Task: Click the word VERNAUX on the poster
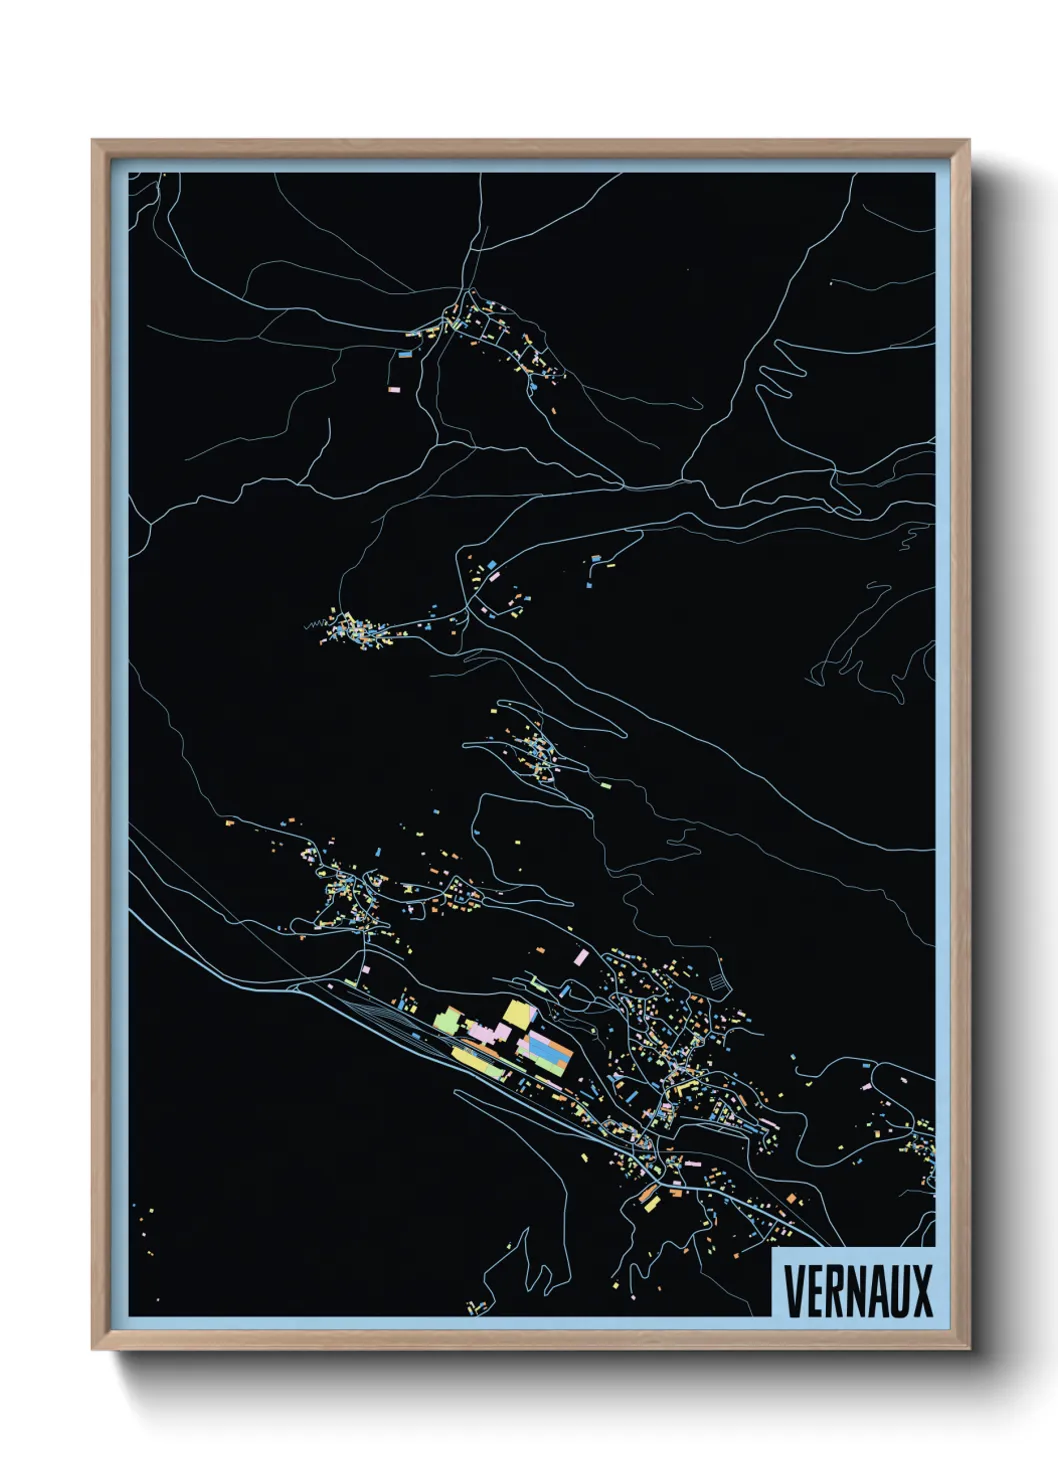click(x=858, y=1290)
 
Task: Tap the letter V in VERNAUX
click(x=793, y=1290)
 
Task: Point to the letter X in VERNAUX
click(x=922, y=1290)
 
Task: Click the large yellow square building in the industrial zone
click(x=516, y=1013)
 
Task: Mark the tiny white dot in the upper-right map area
click(x=831, y=283)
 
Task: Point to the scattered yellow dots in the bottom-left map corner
click(x=144, y=1225)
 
